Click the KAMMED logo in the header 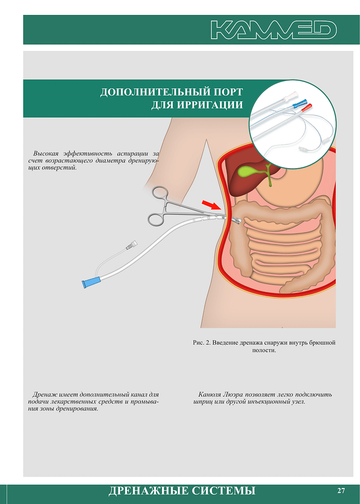pos(274,30)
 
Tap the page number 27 pos(341,490)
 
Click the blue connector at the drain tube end pos(92,282)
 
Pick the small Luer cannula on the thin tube pos(132,245)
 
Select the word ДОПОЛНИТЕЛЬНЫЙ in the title pos(153,92)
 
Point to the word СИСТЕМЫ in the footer pos(223,491)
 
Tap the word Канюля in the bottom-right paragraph pos(209,394)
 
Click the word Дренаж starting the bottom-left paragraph pos(43,394)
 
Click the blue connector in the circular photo pos(300,103)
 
